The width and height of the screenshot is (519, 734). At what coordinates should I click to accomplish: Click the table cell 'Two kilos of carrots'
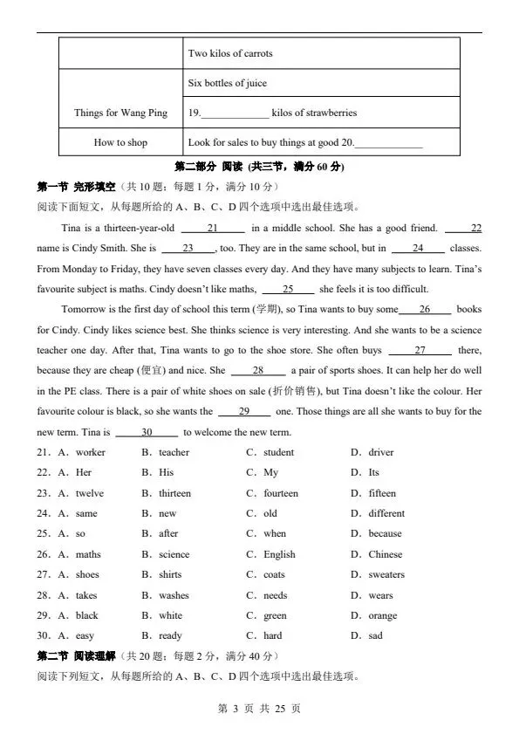[x=230, y=53]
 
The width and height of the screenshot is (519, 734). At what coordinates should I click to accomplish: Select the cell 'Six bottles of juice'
[x=228, y=83]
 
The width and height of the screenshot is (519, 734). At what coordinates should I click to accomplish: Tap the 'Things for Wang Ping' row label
[x=120, y=113]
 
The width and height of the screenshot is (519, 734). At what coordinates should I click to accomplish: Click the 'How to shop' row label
[x=120, y=142]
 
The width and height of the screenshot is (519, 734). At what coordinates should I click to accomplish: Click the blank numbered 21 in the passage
[x=212, y=229]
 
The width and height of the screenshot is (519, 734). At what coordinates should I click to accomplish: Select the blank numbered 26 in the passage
[x=425, y=309]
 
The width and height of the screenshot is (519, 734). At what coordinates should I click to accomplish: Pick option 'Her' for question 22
[x=84, y=472]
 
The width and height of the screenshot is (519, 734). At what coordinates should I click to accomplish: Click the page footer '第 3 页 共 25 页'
[x=259, y=709]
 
